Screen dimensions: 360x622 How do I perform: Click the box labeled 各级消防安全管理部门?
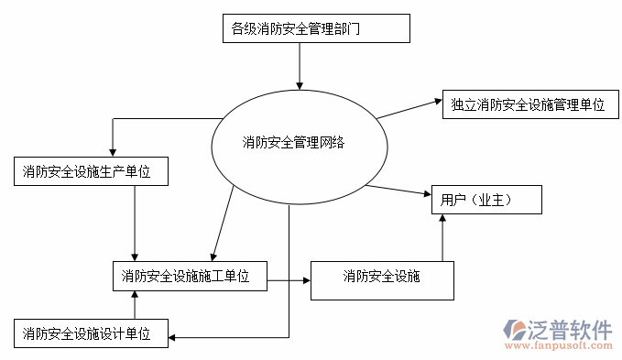click(x=315, y=28)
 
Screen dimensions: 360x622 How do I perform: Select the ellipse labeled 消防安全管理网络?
click(x=293, y=142)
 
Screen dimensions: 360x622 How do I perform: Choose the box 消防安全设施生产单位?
click(x=92, y=171)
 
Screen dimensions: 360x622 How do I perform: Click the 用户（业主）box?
click(x=486, y=200)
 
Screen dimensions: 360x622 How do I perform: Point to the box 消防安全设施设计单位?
click(x=92, y=333)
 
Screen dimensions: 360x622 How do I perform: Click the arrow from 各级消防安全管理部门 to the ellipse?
click(x=299, y=64)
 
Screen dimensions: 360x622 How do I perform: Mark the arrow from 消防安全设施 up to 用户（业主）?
click(x=442, y=238)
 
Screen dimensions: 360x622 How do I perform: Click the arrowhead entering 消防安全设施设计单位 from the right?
click(x=174, y=339)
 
